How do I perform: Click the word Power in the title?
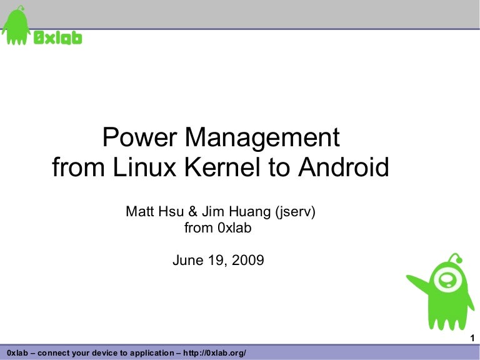pos(139,137)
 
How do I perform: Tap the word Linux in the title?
pos(144,167)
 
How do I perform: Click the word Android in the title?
pos(344,167)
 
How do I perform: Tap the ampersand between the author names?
pos(193,211)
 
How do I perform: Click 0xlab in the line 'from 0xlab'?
pos(234,227)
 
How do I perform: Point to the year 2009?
pos(248,260)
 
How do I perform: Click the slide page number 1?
pos(472,338)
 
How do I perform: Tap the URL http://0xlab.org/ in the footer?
pos(214,353)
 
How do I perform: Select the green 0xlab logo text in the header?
pos(57,38)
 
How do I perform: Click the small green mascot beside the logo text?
pos(16,26)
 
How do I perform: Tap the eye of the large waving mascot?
pos(447,279)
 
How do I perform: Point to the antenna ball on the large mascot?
pos(459,260)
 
